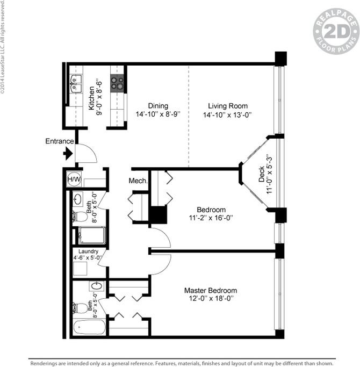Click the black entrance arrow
68,154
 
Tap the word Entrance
60,141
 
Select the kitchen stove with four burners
117,83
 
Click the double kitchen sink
75,85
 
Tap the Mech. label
138,181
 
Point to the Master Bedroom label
210,291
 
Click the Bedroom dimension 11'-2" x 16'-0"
211,218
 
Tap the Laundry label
88,251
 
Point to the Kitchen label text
92,98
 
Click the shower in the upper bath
91,236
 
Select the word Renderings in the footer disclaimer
46,363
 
